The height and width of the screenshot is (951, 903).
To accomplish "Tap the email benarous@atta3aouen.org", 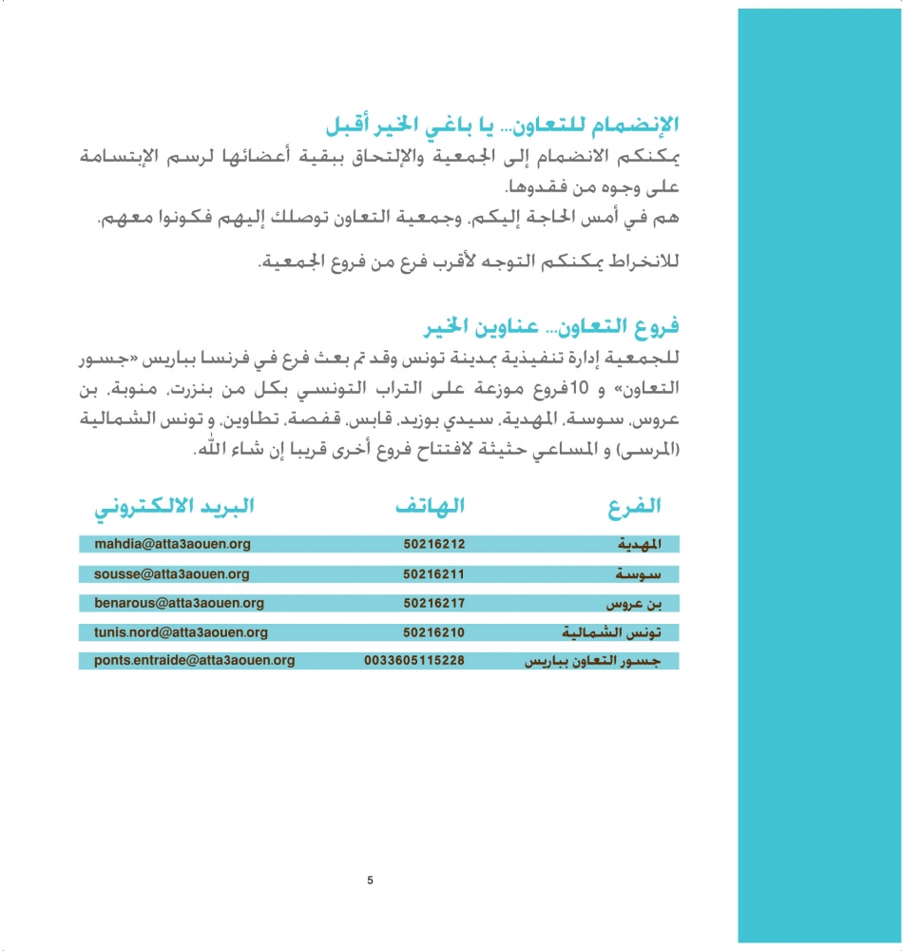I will pyautogui.click(x=179, y=603).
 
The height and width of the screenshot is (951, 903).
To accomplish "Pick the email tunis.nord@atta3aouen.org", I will pyautogui.click(x=181, y=632).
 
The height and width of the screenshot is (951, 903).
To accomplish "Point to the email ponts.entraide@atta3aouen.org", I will pyautogui.click(x=194, y=660).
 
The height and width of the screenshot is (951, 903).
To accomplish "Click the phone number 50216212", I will pyautogui.click(x=433, y=545).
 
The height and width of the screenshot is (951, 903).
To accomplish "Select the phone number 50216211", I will pyautogui.click(x=433, y=574).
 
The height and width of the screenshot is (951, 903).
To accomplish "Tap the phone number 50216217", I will pyautogui.click(x=433, y=603).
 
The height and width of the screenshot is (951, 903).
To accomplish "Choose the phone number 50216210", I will pyautogui.click(x=433, y=632).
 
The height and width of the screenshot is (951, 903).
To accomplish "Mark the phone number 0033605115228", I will pyautogui.click(x=414, y=660).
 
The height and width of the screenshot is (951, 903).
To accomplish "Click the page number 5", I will pyautogui.click(x=370, y=881).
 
